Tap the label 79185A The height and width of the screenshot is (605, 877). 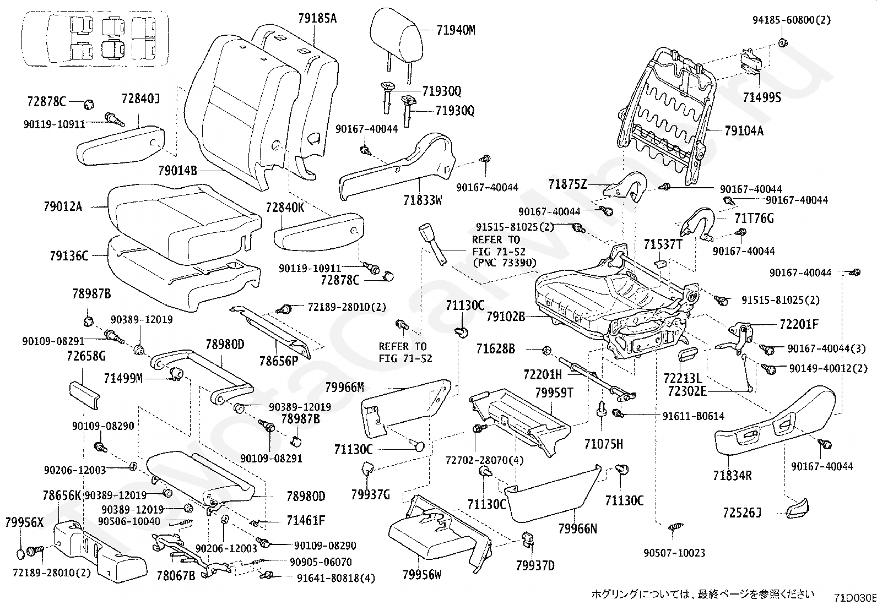tap(317, 19)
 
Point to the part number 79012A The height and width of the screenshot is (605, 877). tap(63, 207)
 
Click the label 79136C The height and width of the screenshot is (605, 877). tap(68, 256)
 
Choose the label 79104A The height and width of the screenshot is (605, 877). tap(744, 131)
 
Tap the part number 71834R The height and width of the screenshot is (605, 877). tap(733, 475)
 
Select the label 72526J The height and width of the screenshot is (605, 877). tap(742, 513)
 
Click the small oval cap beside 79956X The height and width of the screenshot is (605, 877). tap(21, 553)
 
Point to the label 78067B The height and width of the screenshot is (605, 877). tap(176, 576)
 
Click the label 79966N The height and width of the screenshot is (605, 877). tap(577, 529)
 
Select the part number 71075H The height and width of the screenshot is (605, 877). tap(604, 444)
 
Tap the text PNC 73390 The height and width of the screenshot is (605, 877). tap(505, 263)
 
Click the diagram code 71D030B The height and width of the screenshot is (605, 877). tap(854, 598)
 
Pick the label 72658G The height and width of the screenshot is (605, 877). tap(86, 356)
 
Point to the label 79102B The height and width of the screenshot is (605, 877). tap(506, 317)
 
